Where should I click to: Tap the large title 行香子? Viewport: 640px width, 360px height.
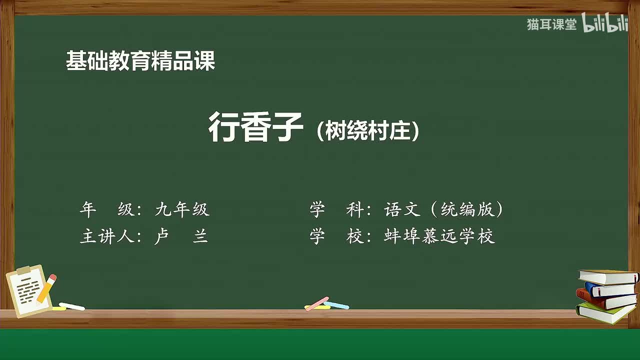click(x=255, y=127)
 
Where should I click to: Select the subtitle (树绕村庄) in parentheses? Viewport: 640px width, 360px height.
click(x=368, y=131)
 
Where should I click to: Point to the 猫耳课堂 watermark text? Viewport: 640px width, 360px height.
click(x=551, y=24)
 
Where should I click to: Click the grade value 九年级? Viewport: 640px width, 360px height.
click(x=182, y=210)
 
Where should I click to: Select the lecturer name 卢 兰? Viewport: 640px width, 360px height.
click(x=181, y=236)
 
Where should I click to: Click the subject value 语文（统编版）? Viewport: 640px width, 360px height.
click(x=443, y=210)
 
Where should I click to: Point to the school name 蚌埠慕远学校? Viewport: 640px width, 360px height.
click(x=439, y=236)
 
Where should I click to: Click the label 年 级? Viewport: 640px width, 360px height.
click(x=107, y=210)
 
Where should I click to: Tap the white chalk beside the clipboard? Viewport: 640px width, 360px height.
click(x=72, y=306)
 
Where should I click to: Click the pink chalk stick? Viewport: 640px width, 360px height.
click(x=316, y=303)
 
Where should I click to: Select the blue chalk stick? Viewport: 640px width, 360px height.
click(x=336, y=305)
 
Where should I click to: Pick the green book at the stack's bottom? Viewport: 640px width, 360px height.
click(x=605, y=313)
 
